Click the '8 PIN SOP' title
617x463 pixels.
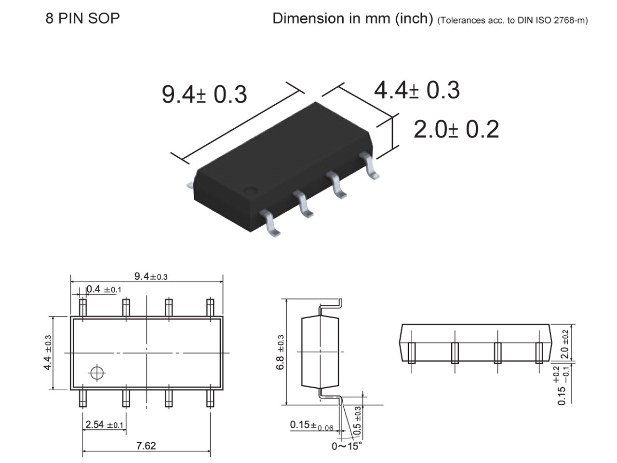click(x=82, y=18)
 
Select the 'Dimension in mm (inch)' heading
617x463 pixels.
click(x=352, y=18)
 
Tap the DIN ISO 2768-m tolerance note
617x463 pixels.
click(x=512, y=20)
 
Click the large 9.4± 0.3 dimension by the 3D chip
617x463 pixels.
click(x=204, y=94)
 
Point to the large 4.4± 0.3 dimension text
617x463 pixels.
click(x=417, y=90)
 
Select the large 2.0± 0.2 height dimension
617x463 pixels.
click(x=456, y=129)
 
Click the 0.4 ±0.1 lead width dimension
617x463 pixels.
click(x=104, y=289)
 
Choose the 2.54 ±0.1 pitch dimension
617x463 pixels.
click(x=105, y=425)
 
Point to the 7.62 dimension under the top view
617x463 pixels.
click(x=146, y=446)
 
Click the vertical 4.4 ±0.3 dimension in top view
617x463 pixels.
click(x=48, y=353)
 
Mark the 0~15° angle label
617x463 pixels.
click(x=346, y=446)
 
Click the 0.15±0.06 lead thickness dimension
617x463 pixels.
click(x=311, y=425)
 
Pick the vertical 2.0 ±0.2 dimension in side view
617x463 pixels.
click(x=565, y=344)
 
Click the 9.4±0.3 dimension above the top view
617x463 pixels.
click(x=151, y=276)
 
